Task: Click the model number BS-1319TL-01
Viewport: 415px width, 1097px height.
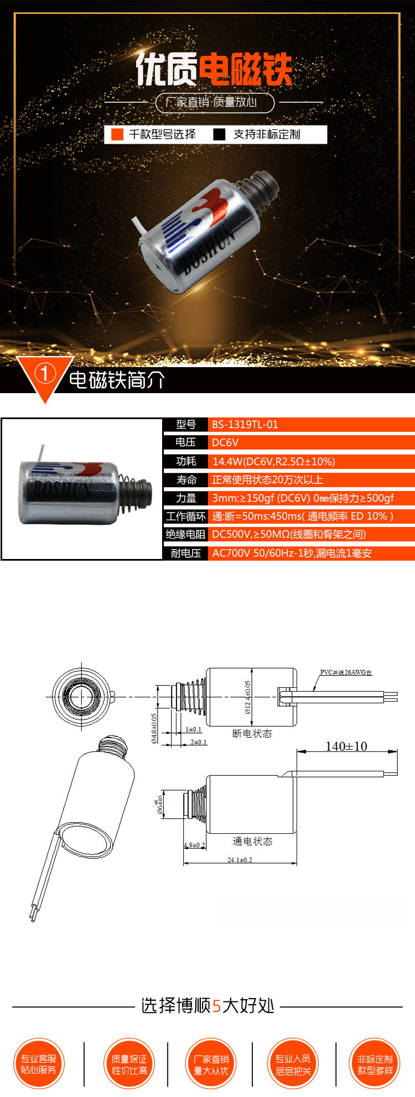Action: click(x=245, y=425)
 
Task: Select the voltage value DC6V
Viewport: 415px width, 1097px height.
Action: click(x=225, y=442)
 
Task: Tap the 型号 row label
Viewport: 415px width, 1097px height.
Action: click(x=185, y=425)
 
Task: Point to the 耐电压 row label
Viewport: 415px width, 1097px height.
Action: click(x=185, y=553)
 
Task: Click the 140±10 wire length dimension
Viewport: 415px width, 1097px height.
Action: click(x=346, y=746)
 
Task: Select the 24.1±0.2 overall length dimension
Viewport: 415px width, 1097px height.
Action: click(x=240, y=860)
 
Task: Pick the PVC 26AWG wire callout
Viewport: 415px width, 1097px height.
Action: click(x=346, y=672)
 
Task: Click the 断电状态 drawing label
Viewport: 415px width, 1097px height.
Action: click(x=252, y=734)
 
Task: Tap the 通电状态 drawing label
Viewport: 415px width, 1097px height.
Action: click(x=252, y=842)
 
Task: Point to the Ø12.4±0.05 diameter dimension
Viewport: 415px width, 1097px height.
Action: click(x=247, y=697)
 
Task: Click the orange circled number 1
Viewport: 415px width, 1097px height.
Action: click(x=45, y=374)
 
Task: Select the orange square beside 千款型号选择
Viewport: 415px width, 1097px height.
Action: click(x=117, y=134)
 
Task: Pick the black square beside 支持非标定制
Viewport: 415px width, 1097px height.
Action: click(x=219, y=134)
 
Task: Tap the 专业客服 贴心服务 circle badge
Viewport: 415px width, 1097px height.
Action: click(x=38, y=1064)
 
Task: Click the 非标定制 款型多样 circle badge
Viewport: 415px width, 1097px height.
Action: click(x=375, y=1064)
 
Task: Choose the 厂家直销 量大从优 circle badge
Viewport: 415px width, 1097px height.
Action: click(x=211, y=1064)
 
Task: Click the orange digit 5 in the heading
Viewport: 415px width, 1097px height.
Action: click(x=216, y=1006)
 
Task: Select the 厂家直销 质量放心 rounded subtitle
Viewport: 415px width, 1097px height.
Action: click(x=215, y=102)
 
